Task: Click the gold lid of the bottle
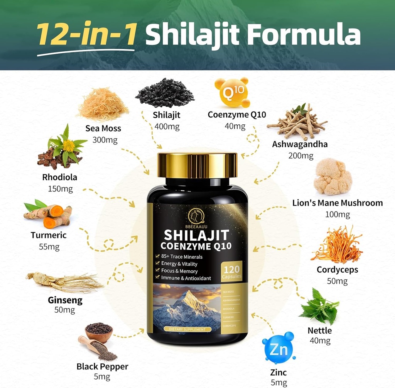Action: tap(197, 165)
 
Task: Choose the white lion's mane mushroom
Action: tap(333, 177)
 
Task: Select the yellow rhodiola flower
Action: tap(69, 146)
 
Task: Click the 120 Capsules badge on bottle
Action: tap(231, 270)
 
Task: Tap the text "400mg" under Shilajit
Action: tap(167, 126)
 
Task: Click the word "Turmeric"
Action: tap(49, 235)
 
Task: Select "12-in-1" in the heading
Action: tap(86, 36)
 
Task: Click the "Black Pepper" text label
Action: tap(102, 366)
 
